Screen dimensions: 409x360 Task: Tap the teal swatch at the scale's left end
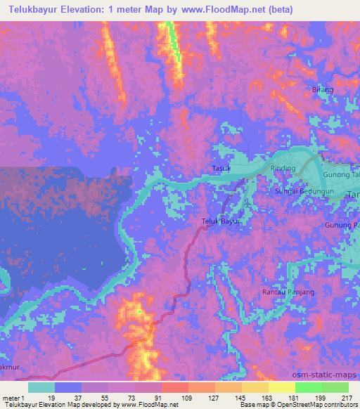[41, 387]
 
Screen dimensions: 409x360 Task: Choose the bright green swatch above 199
[309, 387]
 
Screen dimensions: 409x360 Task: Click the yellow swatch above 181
[282, 387]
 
